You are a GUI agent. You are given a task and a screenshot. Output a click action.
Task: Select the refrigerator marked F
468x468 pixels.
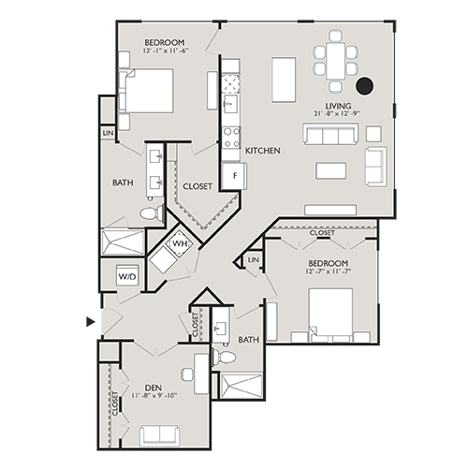[231, 175]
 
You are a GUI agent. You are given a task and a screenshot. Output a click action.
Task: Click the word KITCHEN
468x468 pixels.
[263, 151]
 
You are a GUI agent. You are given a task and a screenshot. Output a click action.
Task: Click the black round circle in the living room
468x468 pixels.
[365, 86]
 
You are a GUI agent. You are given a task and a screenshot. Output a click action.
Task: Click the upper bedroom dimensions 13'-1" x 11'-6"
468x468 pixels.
[165, 51]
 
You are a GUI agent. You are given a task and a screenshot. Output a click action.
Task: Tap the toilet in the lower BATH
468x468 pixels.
[225, 357]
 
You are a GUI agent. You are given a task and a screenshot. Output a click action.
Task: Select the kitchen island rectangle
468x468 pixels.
[284, 80]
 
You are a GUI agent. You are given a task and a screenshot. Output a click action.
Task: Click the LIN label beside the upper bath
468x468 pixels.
[108, 135]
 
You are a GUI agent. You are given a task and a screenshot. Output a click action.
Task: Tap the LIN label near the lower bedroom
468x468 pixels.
[253, 259]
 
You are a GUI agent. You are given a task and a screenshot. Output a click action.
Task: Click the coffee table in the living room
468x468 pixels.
[330, 169]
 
